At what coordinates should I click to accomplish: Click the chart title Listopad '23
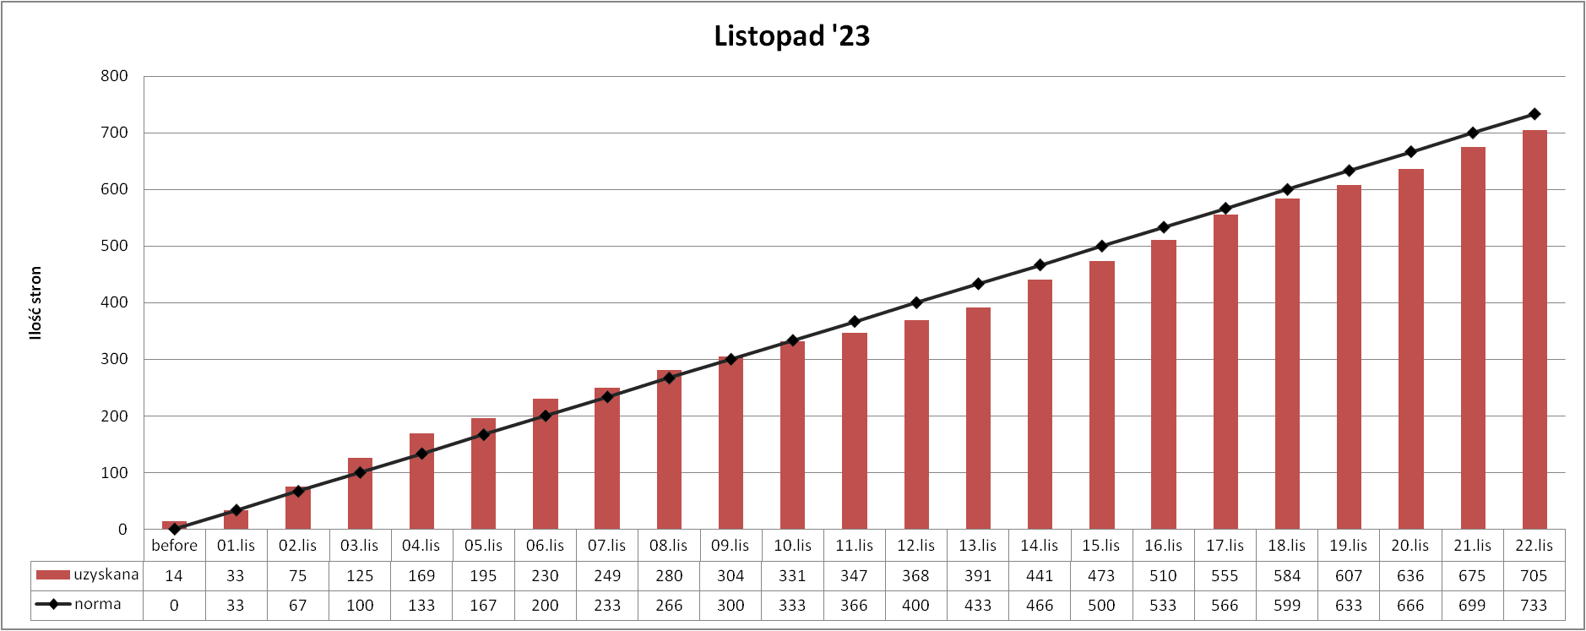[x=791, y=36]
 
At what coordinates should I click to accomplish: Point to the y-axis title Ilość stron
[x=35, y=302]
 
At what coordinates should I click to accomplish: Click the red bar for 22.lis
[x=1534, y=329]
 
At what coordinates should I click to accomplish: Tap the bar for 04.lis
[x=421, y=481]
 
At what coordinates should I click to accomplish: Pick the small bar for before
[x=174, y=525]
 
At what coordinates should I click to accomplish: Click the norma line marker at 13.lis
[x=978, y=284]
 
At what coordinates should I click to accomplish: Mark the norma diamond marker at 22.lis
[x=1534, y=114]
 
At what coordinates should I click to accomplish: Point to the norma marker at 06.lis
[x=546, y=416]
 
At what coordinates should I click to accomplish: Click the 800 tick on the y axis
[x=114, y=76]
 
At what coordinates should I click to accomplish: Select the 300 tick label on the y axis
[x=114, y=359]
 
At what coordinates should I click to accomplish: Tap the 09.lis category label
[x=731, y=546]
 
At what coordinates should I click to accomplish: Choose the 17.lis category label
[x=1225, y=546]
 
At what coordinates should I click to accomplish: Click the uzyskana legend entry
[x=88, y=575]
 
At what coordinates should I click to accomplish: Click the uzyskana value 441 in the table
[x=1040, y=576]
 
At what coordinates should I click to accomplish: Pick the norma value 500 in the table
[x=1101, y=606]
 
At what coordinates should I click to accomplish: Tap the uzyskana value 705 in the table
[x=1534, y=576]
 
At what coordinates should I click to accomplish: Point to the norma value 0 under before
[x=174, y=606]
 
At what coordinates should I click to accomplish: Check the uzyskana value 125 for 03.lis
[x=360, y=576]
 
